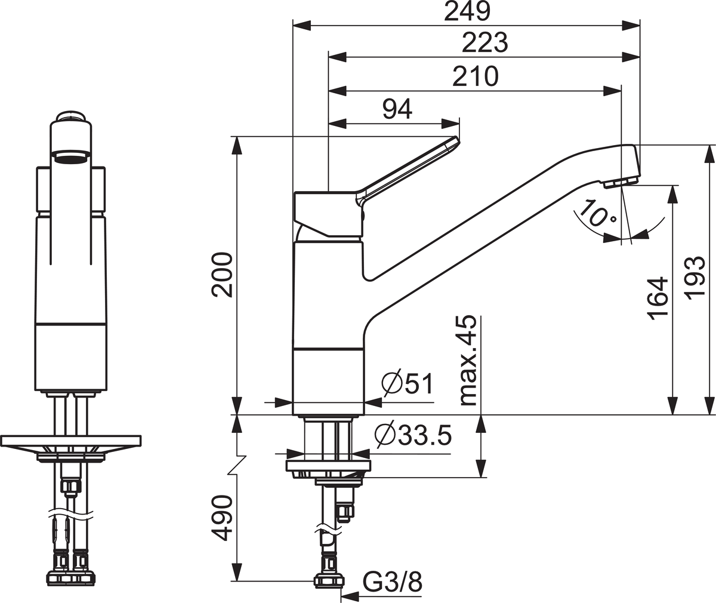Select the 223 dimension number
pyautogui.click(x=484, y=42)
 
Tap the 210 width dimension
pyautogui.click(x=476, y=76)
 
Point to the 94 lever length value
pyautogui.click(x=397, y=109)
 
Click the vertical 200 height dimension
pyautogui.click(x=222, y=275)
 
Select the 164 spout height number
pyautogui.click(x=658, y=299)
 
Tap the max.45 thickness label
pyautogui.click(x=468, y=361)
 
